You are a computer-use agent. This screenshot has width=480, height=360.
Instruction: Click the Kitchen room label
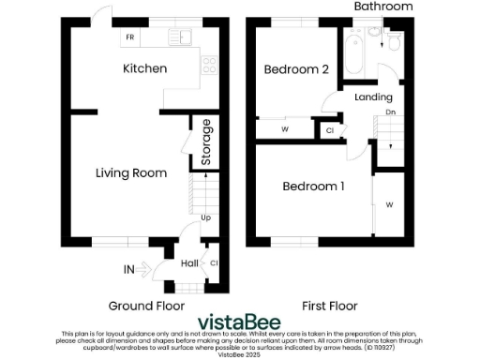145,68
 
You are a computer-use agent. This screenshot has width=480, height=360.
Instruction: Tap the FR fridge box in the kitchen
129,38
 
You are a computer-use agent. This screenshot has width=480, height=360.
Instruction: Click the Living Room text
131,172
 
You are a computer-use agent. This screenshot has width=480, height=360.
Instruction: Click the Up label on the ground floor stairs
205,218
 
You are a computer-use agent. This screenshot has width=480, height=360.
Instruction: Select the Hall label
187,263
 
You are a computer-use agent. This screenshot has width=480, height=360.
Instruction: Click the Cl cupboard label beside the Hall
215,263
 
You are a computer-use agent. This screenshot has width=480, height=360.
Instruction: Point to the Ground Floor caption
146,307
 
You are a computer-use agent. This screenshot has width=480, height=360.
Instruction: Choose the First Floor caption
330,307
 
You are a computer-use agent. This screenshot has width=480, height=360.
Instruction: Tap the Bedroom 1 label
313,187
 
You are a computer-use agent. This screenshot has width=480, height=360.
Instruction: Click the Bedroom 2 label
295,69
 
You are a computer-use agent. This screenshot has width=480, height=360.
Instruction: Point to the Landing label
373,97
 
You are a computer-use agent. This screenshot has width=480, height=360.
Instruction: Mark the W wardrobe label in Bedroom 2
284,129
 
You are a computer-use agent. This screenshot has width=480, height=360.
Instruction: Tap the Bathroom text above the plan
382,7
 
